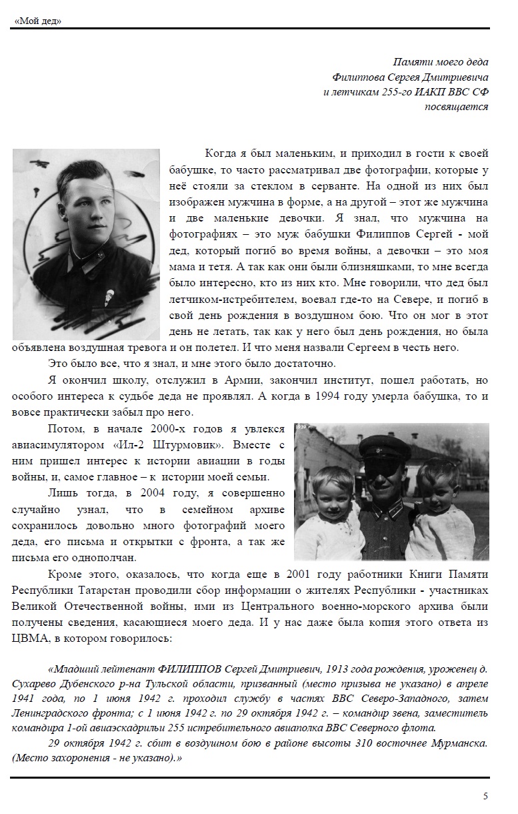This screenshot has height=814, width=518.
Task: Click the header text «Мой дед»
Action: pyautogui.click(x=37, y=21)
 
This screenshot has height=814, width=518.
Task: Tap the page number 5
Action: pyautogui.click(x=485, y=795)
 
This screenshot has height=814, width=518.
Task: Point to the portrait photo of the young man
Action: pyautogui.click(x=86, y=244)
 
